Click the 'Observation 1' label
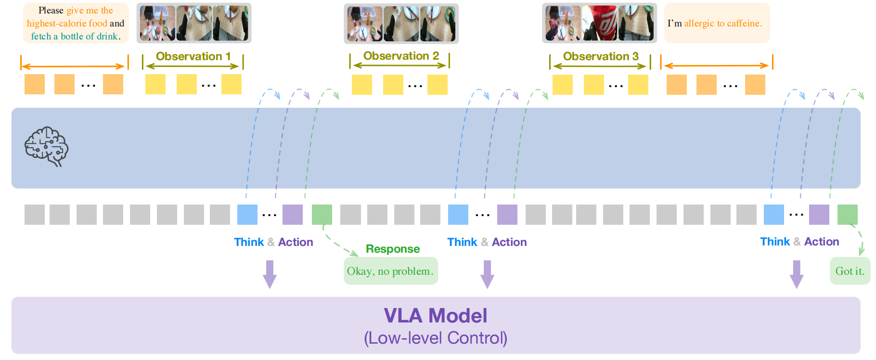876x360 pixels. tap(193, 56)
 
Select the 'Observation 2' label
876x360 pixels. tap(401, 56)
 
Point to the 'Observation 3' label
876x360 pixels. tap(601, 56)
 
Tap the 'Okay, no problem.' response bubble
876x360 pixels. tap(390, 271)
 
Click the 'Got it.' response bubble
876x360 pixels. tap(850, 271)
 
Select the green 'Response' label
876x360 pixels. tap(393, 249)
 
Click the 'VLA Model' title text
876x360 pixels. tap(436, 316)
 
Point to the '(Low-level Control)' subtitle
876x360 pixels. tap(436, 338)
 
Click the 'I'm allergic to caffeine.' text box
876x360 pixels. tap(717, 23)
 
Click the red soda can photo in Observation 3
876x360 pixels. tap(600, 23)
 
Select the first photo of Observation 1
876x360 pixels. tap(157, 23)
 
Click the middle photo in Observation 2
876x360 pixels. tap(401, 24)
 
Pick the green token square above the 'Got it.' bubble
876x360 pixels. tap(848, 215)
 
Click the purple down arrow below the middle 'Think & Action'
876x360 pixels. tap(487, 274)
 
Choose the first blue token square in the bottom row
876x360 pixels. tap(247, 215)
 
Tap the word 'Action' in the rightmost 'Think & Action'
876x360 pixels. tap(822, 242)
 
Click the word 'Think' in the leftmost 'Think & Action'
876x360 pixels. tap(249, 242)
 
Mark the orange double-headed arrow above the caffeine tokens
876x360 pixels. tap(717, 65)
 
